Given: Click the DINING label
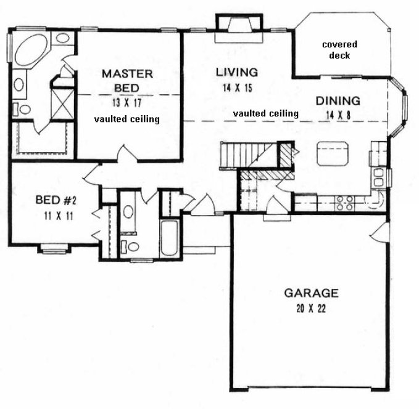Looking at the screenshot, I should pyautogui.click(x=338, y=100).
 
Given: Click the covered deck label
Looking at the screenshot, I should pyautogui.click(x=339, y=50).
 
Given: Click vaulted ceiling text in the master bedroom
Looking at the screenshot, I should pyautogui.click(x=127, y=119).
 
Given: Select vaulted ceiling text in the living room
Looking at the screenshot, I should pyautogui.click(x=265, y=113).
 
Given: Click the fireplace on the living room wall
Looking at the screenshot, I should pyautogui.click(x=238, y=29).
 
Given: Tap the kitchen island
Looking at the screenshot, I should pyautogui.click(x=333, y=153).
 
